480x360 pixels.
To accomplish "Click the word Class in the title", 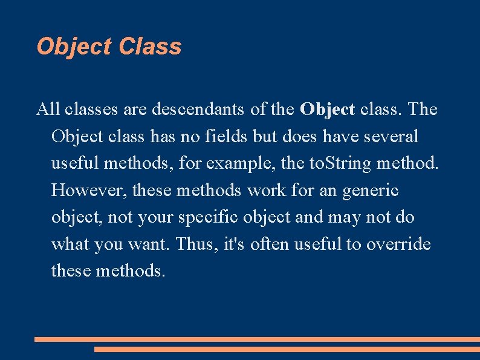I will [151, 47].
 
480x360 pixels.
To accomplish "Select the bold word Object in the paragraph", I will [327, 110].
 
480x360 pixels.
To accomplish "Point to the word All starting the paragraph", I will [48, 110].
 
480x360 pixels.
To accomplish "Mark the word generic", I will [371, 190].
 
